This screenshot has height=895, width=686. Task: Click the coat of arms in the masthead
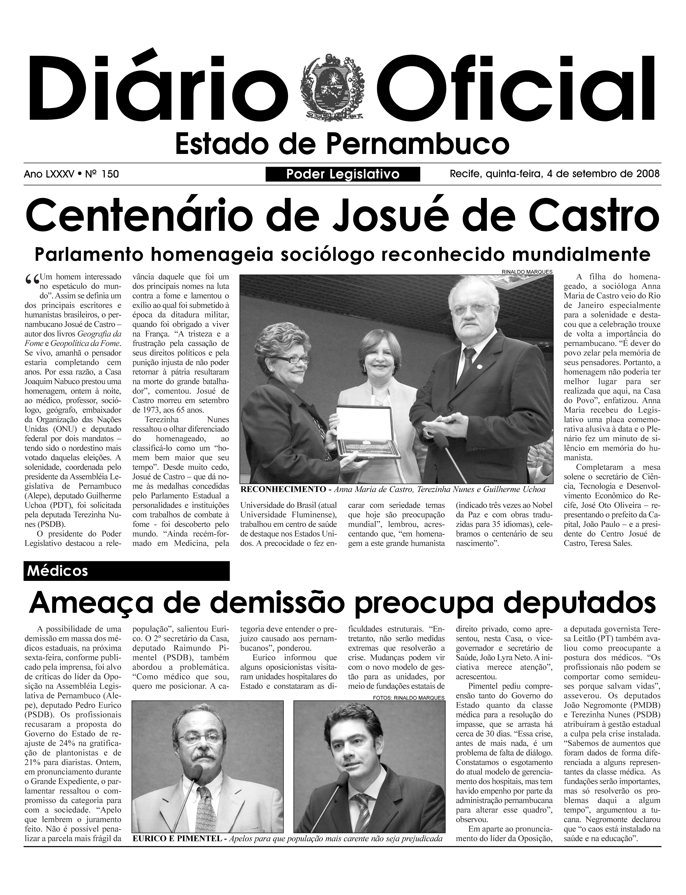tap(331, 87)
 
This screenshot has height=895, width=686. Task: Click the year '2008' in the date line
tap(648, 174)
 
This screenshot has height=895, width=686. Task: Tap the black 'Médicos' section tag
tap(126, 571)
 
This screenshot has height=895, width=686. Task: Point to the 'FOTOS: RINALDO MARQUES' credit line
tap(408, 698)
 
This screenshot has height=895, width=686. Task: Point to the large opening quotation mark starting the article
tap(32, 280)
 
